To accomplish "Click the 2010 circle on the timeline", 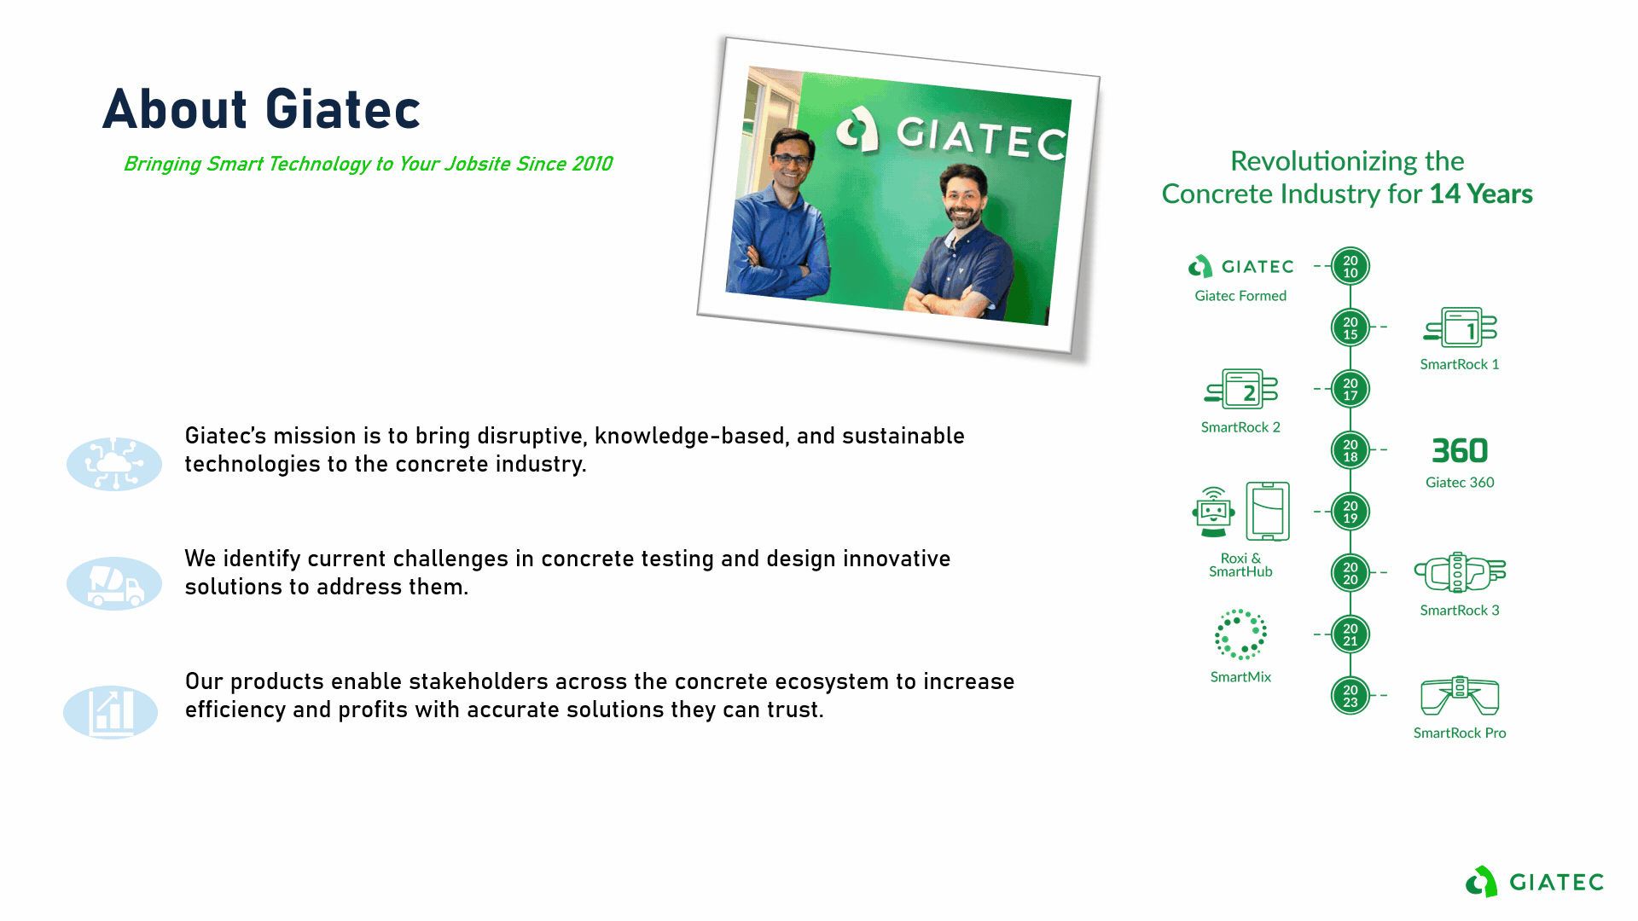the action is pyautogui.click(x=1350, y=267).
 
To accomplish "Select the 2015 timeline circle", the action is pyautogui.click(x=1350, y=328).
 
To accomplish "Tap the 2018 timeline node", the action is pyautogui.click(x=1350, y=450).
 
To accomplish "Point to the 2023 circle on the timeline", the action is pyautogui.click(x=1350, y=696).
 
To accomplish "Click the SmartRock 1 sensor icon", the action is pyautogui.click(x=1460, y=327).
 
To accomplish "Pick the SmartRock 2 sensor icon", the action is pyautogui.click(x=1241, y=390).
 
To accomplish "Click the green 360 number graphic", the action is pyautogui.click(x=1460, y=450).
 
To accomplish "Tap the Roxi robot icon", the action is pyautogui.click(x=1214, y=512).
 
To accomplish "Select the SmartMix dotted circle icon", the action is pyautogui.click(x=1241, y=634).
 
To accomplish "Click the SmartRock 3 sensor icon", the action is pyautogui.click(x=1460, y=572).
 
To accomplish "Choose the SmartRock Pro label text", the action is pyautogui.click(x=1460, y=733).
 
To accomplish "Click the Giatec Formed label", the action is pyautogui.click(x=1240, y=296).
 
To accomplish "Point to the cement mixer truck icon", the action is pyautogui.click(x=114, y=584).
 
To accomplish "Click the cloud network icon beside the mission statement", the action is pyautogui.click(x=114, y=464).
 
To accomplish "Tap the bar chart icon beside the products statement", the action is pyautogui.click(x=111, y=712).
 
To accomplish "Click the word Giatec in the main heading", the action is pyautogui.click(x=343, y=109).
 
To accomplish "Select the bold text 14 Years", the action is pyautogui.click(x=1481, y=194).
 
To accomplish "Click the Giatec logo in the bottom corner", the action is pyautogui.click(x=1535, y=882).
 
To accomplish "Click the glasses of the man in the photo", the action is pyautogui.click(x=792, y=159).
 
